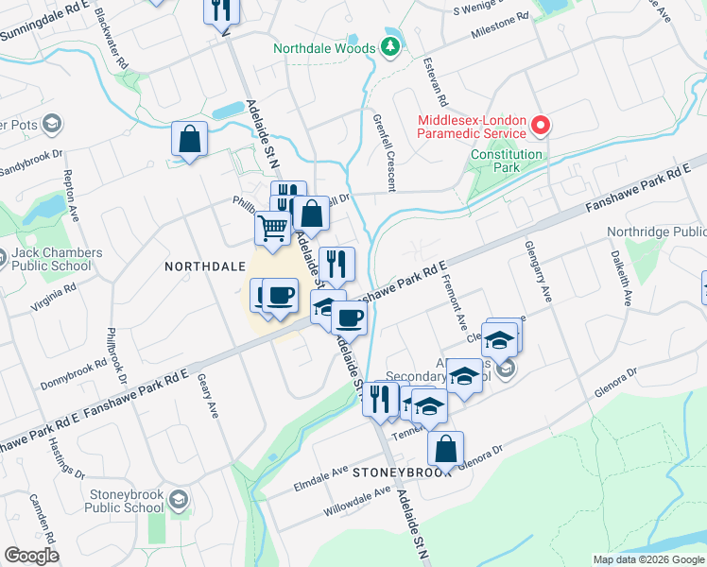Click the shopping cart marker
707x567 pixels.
pos(272,228)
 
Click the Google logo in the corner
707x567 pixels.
pos(31,556)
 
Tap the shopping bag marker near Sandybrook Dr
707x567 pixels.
pos(190,139)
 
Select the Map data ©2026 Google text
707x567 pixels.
pos(647,559)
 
